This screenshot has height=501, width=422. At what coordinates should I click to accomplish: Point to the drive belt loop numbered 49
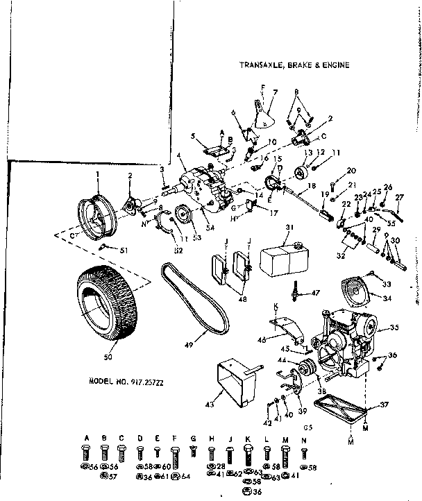click(188, 298)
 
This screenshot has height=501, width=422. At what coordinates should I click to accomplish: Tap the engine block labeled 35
click(344, 340)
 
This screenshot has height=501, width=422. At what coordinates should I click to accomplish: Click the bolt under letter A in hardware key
click(87, 453)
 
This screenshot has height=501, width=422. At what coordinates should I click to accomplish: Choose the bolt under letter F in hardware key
click(176, 455)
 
